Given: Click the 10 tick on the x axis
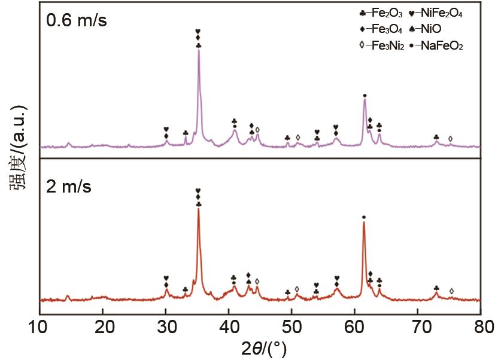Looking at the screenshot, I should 39,327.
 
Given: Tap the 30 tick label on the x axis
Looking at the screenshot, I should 166,327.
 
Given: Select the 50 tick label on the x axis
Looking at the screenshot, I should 292,327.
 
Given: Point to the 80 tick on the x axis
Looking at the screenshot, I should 481,327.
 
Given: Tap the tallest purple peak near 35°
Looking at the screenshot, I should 198,51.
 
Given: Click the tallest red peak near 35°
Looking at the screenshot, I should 198,209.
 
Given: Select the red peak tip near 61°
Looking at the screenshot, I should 363,223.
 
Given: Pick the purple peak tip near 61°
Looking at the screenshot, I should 364,100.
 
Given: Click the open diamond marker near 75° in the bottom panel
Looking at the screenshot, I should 451,291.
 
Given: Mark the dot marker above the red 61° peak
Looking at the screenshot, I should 363,216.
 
